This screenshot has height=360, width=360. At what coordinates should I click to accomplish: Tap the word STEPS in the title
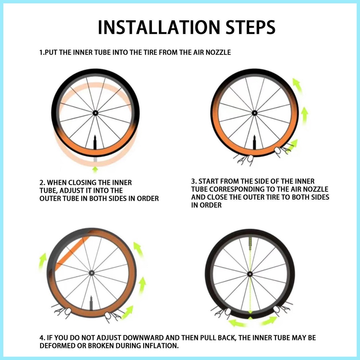[251, 27]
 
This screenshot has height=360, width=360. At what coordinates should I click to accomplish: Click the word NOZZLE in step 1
[218, 52]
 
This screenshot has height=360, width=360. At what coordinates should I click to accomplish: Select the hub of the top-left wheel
[95, 113]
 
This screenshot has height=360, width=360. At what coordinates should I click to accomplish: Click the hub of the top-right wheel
[255, 113]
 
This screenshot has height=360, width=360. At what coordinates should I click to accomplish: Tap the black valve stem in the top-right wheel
[255, 143]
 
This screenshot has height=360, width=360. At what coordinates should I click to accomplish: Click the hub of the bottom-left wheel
[92, 273]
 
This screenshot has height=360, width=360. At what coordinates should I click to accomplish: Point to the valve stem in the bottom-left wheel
[91, 303]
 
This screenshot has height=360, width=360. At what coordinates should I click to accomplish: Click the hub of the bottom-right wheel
[250, 274]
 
